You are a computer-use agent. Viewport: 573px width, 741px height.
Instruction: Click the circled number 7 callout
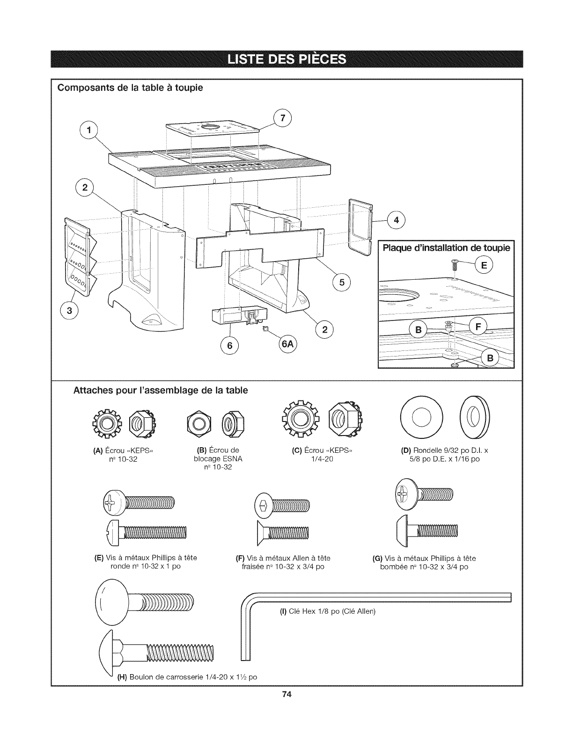click(x=282, y=118)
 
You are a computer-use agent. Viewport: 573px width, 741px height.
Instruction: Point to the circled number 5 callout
click(x=341, y=282)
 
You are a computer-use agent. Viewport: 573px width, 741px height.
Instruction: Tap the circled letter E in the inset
click(x=484, y=266)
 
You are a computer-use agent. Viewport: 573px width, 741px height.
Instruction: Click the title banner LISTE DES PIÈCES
click(x=286, y=60)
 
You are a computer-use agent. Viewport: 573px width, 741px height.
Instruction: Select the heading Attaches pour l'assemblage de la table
click(x=160, y=390)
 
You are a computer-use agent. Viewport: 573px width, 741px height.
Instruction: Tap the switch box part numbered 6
click(x=238, y=317)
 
